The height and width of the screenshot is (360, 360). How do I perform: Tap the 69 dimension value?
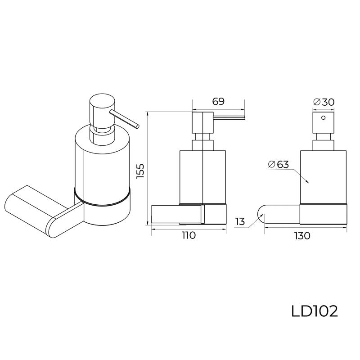218,102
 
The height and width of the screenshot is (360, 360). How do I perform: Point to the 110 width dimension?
189,235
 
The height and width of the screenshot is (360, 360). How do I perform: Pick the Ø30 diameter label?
324,102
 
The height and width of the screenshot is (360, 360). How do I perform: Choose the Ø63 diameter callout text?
278,164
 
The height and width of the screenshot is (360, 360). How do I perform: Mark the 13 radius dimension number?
240,221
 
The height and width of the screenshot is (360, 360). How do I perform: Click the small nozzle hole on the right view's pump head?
323,119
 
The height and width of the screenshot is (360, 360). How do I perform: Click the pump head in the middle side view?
202,122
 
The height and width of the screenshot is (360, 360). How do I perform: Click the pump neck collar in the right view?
323,142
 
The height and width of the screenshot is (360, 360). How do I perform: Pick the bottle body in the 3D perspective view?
101,162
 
